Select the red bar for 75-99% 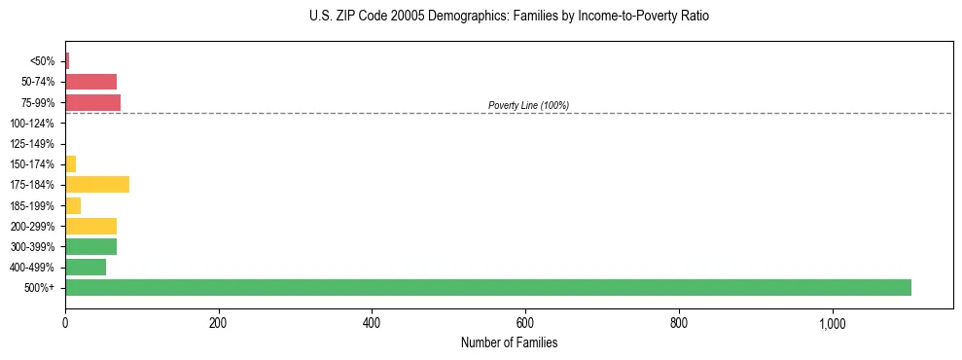tap(92, 102)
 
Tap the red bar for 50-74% tap(90, 82)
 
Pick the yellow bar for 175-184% tap(97, 185)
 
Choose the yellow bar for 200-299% tap(90, 226)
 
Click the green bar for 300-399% tap(90, 246)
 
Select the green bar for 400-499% tap(86, 267)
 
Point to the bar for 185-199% tap(73, 205)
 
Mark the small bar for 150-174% tap(70, 164)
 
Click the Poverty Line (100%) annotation tap(528, 105)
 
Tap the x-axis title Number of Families tap(509, 343)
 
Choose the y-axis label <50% tap(43, 61)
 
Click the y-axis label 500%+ tap(40, 288)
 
